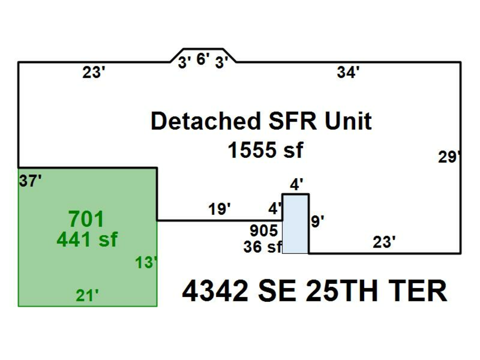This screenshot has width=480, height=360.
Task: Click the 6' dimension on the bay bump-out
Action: [203, 59]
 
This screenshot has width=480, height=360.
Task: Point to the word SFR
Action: [279, 122]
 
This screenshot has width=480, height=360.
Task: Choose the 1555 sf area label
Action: [265, 150]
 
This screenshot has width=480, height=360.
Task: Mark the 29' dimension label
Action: [449, 157]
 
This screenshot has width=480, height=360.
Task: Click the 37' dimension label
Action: [30, 181]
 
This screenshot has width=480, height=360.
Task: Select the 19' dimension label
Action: [219, 209]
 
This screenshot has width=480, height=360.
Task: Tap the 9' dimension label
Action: [317, 221]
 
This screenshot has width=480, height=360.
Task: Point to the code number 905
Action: [264, 231]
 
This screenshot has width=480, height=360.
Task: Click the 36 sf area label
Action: [262, 247]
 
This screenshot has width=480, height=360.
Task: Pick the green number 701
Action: [86, 219]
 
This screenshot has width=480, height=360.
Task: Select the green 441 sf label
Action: [86, 240]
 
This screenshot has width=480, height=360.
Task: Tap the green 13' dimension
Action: [146, 262]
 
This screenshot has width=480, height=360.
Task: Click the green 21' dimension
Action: [87, 295]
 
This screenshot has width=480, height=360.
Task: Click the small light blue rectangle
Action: [295, 224]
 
